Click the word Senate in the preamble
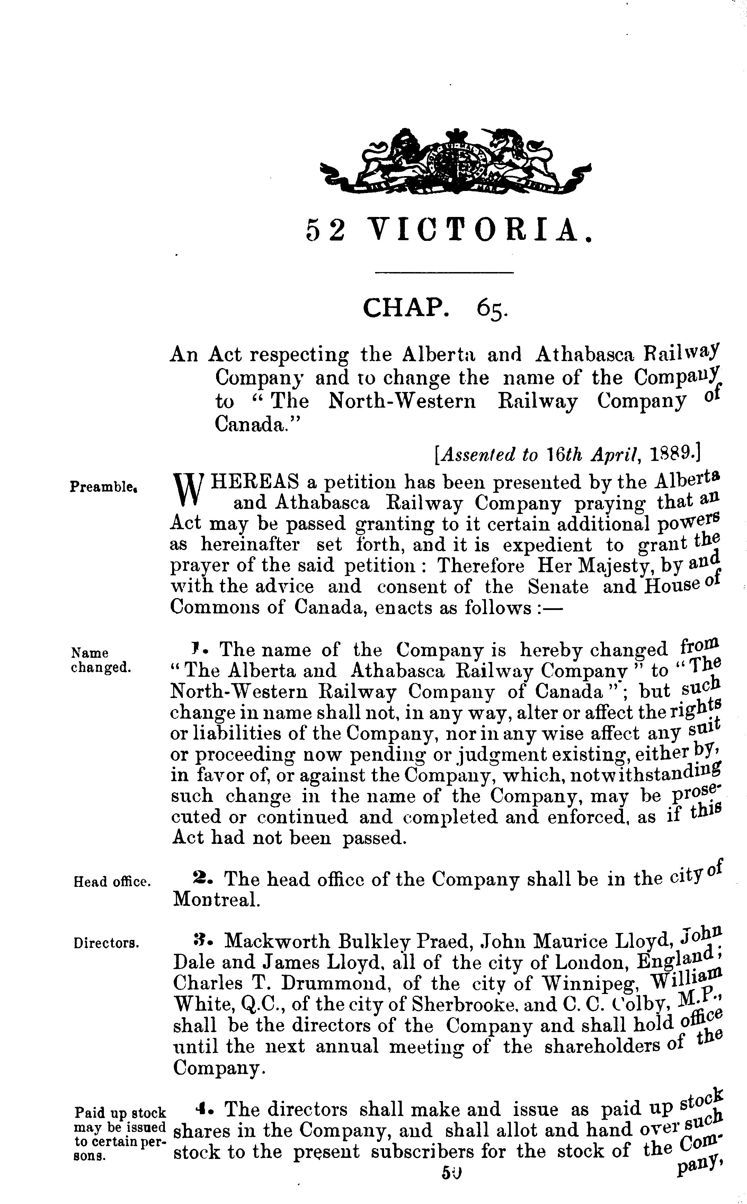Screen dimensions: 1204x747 click(x=558, y=586)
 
